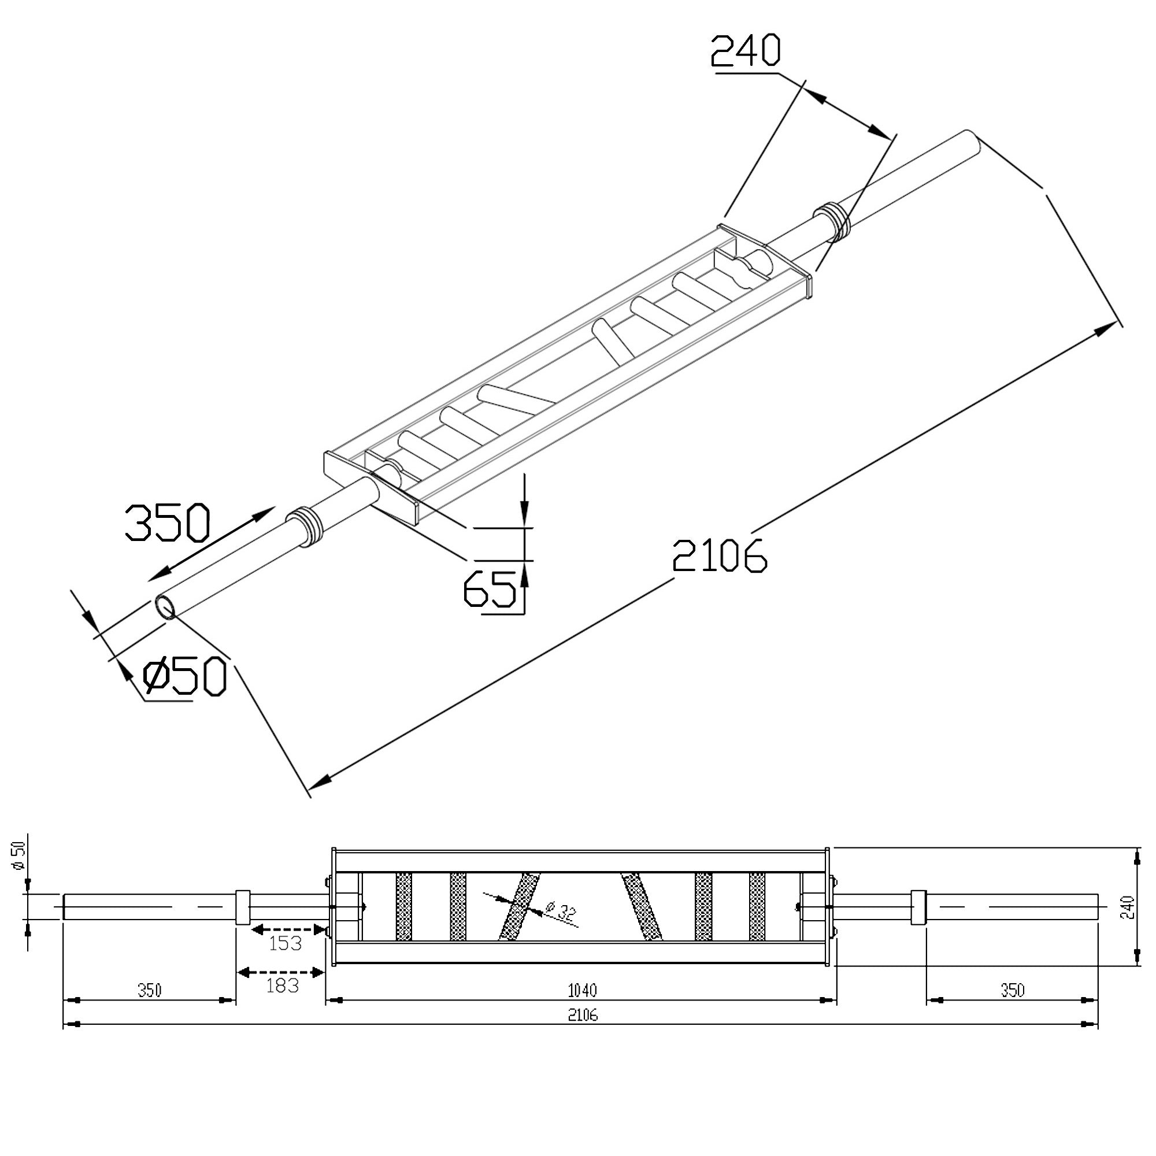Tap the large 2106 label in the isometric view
(719, 556)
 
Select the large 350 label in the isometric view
(168, 523)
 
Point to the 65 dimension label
(490, 588)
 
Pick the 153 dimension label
(285, 944)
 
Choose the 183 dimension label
(281, 985)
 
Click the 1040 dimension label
(581, 991)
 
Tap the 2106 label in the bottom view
(583, 1015)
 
